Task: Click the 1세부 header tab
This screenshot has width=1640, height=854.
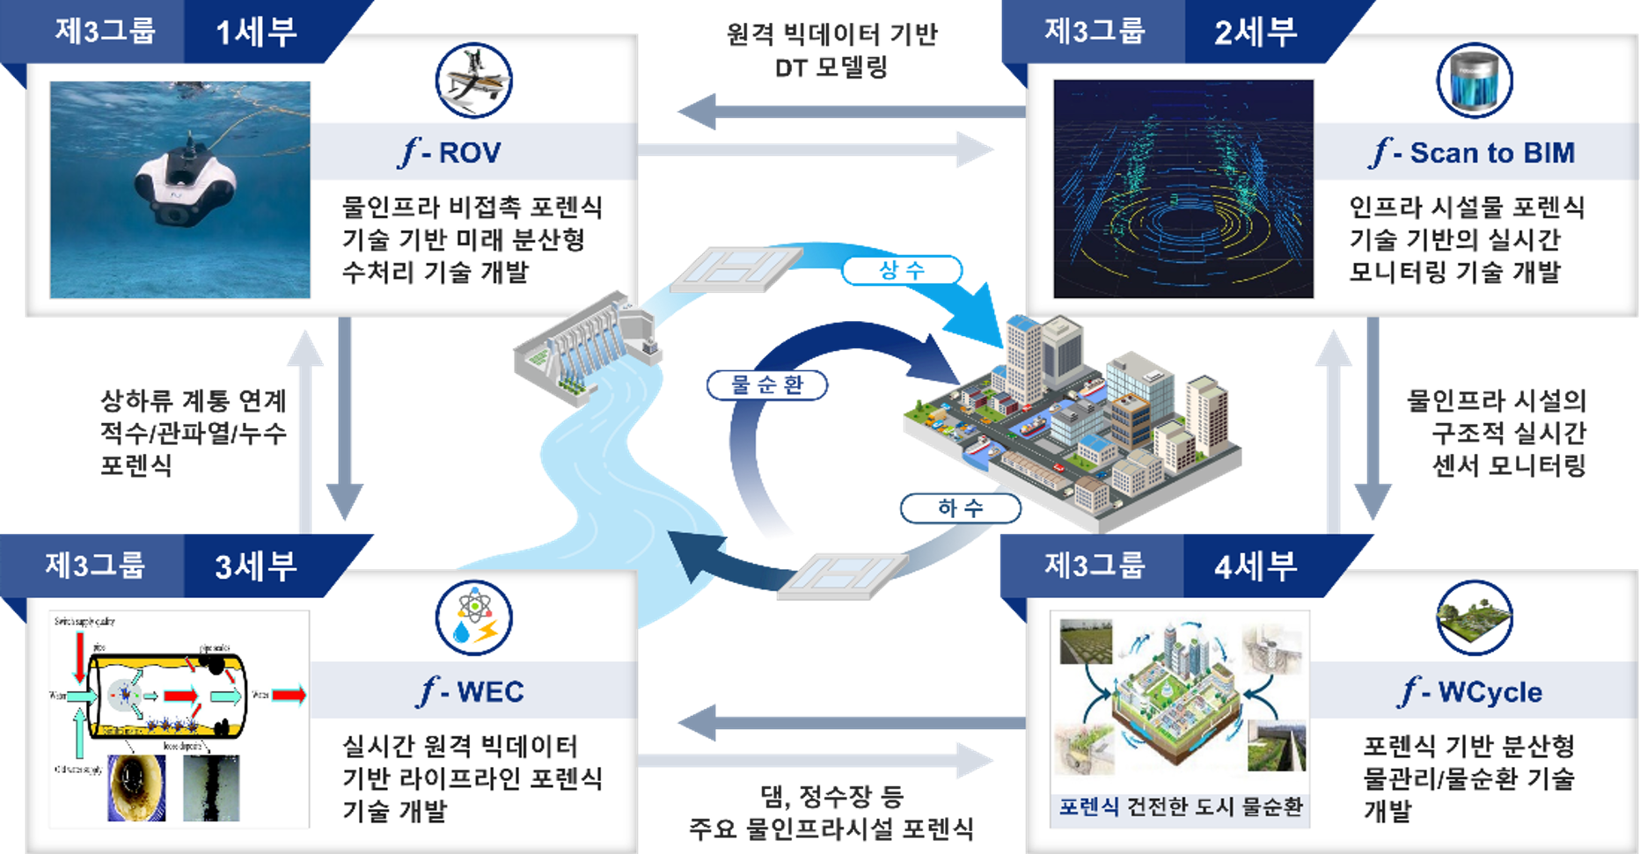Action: pos(256,33)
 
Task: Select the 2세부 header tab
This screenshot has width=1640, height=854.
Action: pos(1256,33)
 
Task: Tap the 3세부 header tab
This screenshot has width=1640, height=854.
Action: pos(256,566)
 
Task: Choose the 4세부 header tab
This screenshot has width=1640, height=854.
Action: pos(1256,566)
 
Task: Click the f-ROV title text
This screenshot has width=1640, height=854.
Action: pos(450,153)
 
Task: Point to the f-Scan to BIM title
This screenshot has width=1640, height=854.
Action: pos(1474,153)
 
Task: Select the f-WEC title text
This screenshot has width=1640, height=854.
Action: pos(472,692)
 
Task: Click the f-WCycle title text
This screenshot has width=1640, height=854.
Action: pos(1472,692)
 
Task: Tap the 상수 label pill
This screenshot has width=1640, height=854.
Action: pos(902,270)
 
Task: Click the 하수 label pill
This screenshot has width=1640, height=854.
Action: pos(960,507)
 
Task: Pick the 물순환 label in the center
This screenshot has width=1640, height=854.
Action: pos(767,385)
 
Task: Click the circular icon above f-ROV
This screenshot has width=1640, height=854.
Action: pos(474,80)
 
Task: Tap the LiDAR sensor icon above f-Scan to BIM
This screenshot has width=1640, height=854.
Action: pos(1475,81)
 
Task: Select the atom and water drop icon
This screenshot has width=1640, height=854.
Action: pos(474,617)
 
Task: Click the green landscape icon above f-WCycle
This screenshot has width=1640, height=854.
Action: pos(1475,617)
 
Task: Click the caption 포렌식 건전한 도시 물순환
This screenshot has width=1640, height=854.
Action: pos(1180,807)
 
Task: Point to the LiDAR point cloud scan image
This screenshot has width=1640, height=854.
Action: pos(1183,189)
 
